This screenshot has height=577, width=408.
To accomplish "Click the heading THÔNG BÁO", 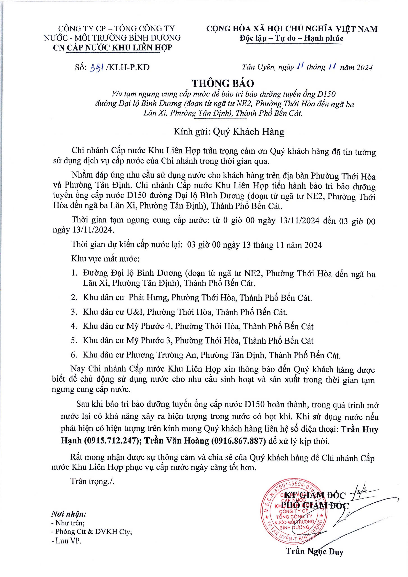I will [x=223, y=83].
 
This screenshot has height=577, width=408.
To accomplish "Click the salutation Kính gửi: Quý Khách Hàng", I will [x=229, y=131].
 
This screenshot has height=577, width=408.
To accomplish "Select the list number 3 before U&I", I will [x=74, y=312].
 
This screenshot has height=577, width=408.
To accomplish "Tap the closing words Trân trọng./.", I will [x=92, y=481].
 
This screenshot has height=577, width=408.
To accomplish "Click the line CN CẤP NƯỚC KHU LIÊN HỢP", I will [x=112, y=48].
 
